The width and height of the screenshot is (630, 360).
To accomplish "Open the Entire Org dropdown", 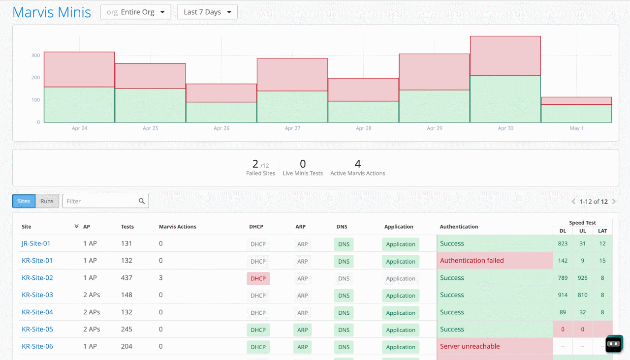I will [135, 12].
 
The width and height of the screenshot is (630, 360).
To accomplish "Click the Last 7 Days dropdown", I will [207, 12].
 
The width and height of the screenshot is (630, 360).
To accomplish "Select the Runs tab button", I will [47, 201].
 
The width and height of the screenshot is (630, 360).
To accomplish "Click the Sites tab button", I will [24, 201].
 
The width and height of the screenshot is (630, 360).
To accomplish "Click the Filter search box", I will [101, 201].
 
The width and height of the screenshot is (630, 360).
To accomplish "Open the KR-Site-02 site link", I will [37, 278].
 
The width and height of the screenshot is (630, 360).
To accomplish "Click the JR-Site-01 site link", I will [36, 243].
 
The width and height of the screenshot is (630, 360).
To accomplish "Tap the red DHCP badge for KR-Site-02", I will [258, 278].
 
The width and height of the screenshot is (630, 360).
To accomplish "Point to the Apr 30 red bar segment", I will [505, 56].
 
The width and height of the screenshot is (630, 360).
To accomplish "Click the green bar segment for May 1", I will [576, 113].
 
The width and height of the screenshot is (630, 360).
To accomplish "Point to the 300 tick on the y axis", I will [35, 56].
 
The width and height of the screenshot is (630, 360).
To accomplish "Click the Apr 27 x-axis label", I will [292, 128].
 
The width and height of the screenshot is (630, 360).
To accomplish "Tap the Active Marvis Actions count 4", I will [358, 164].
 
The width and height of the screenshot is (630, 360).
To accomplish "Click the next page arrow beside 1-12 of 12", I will [614, 202].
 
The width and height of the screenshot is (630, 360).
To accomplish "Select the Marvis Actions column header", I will [177, 227].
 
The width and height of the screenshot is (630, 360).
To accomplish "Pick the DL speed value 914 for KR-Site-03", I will [563, 295].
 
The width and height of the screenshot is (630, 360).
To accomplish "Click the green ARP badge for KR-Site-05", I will [302, 330].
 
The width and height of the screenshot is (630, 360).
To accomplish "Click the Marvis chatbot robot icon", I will [614, 344].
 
